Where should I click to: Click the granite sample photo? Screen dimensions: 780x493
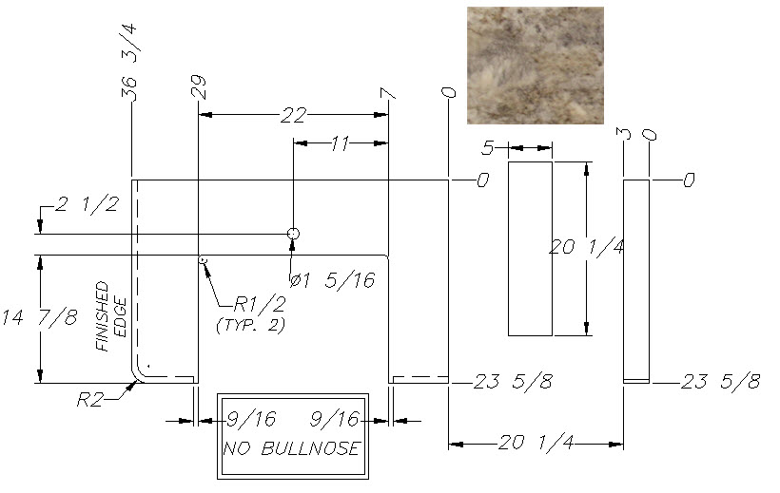click(536, 66)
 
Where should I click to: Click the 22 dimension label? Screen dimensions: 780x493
click(294, 116)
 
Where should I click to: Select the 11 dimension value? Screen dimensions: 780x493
click(341, 143)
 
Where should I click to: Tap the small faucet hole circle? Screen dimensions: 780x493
click(294, 234)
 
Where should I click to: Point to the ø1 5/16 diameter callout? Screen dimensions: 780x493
click(332, 281)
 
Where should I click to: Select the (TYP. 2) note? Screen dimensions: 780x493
click(251, 326)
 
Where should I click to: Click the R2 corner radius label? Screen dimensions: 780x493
click(90, 400)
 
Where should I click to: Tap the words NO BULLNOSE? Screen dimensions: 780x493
click(291, 448)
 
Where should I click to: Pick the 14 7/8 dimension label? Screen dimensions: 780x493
click(40, 317)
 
